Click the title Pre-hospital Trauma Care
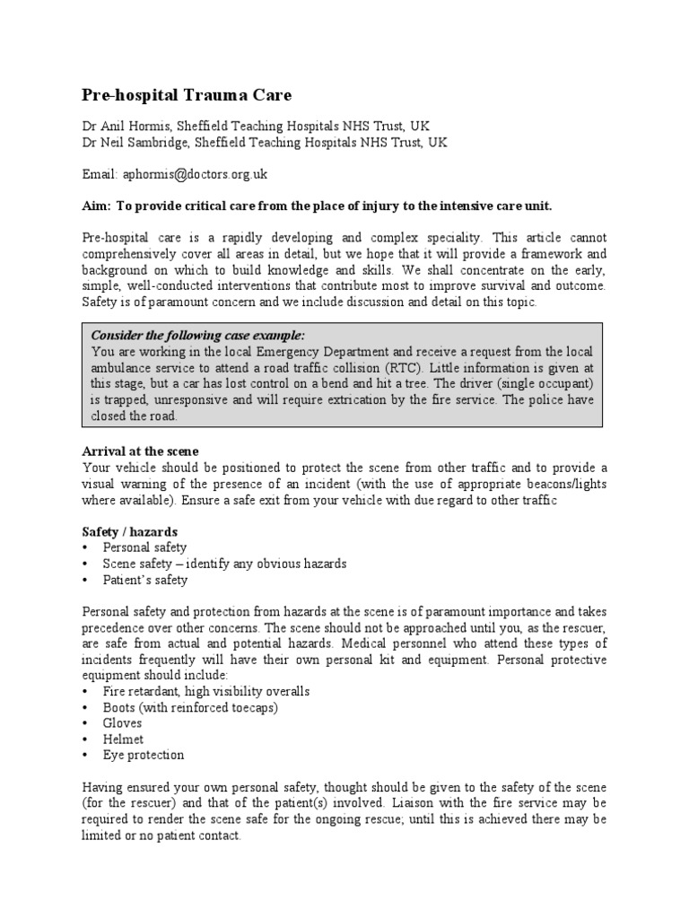tap(187, 94)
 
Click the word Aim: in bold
tap(96, 206)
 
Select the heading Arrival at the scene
tap(140, 451)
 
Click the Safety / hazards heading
tap(129, 531)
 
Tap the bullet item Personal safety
tap(144, 547)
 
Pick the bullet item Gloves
tap(123, 722)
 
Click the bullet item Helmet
tap(123, 739)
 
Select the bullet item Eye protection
tap(144, 755)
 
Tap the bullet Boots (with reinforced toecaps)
tap(190, 706)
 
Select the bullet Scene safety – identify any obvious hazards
tap(224, 564)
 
